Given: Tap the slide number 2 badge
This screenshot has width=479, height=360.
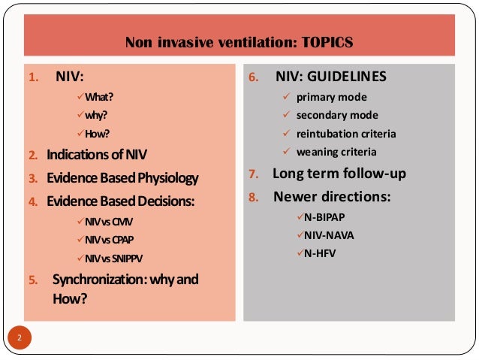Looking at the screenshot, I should pyautogui.click(x=20, y=337).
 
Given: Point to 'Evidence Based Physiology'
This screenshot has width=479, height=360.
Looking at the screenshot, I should pyautogui.click(x=122, y=179).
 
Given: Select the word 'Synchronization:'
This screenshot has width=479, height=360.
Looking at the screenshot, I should pyautogui.click(x=93, y=280).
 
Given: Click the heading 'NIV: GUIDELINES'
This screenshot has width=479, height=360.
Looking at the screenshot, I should pyautogui.click(x=330, y=77).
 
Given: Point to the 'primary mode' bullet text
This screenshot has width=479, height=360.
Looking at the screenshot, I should pyautogui.click(x=331, y=97).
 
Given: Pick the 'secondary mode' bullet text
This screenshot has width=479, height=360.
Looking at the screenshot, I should pyautogui.click(x=337, y=116).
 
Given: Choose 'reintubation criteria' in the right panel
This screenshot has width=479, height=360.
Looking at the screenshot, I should pyautogui.click(x=346, y=134).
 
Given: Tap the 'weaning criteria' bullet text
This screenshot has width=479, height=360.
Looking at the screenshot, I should pyautogui.click(x=336, y=152).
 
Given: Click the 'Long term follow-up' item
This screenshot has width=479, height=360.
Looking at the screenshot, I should pyautogui.click(x=339, y=174).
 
